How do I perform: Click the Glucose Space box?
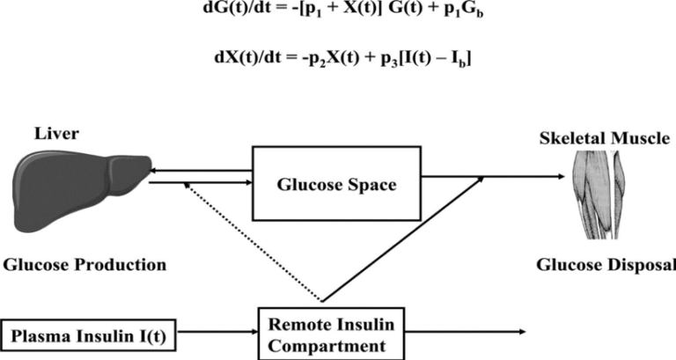point(336,184)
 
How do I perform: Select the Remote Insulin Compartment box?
point(331,334)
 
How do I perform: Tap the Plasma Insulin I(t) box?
point(88,336)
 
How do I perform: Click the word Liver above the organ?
point(56,134)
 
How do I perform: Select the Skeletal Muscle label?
point(605,138)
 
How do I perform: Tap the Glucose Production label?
point(84,264)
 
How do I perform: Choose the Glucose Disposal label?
point(606,264)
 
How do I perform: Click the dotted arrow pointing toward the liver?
point(253,241)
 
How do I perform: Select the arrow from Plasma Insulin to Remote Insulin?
point(217,332)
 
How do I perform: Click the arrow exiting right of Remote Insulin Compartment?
point(465,332)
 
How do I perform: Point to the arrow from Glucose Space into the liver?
point(201,171)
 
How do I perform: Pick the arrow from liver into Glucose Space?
point(201,183)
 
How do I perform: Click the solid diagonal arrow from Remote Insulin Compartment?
point(402,239)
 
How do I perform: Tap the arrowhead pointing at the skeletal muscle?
point(562,176)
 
